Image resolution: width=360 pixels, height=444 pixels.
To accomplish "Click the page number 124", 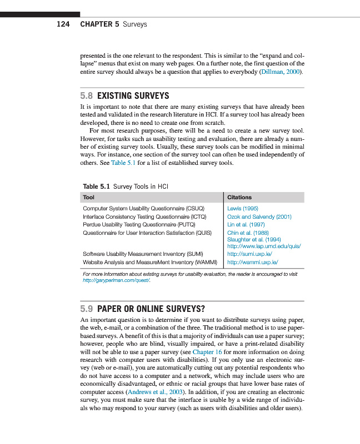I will point(63,24).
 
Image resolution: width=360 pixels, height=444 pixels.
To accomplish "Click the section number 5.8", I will point(88,95).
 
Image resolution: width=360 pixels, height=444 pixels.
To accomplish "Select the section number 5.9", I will point(88,309).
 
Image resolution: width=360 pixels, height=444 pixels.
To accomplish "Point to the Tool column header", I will point(88,197).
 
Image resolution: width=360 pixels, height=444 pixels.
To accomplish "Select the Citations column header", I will point(239,197).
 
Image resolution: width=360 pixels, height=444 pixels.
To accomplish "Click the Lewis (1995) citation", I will point(242,209).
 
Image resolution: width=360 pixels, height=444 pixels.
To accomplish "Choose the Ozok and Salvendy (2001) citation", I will point(259,216).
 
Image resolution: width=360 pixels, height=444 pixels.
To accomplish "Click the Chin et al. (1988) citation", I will point(247,233).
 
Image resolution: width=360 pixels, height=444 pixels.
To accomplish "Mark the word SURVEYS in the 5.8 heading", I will point(149,95).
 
